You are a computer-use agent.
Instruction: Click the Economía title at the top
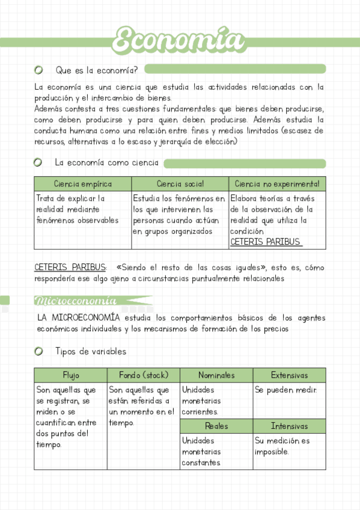click(x=179, y=41)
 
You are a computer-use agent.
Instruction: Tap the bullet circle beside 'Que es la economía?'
click(x=39, y=69)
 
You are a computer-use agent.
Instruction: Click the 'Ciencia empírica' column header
click(x=83, y=184)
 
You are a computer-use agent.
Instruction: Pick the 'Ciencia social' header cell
click(x=180, y=184)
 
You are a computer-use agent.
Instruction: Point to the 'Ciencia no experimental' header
click(x=277, y=184)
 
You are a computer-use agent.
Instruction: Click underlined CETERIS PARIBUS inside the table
click(x=265, y=242)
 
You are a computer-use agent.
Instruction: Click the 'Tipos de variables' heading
click(x=91, y=351)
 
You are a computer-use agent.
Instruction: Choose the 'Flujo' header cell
click(x=71, y=375)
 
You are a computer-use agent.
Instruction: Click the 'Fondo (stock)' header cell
click(x=143, y=375)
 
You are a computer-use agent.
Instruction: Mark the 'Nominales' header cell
click(x=216, y=375)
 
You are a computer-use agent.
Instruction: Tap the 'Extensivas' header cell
click(x=289, y=375)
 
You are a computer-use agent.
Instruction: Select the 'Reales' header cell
click(x=216, y=426)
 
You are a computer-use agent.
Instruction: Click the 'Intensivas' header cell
click(x=289, y=426)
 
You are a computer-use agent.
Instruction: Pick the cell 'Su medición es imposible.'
click(x=282, y=446)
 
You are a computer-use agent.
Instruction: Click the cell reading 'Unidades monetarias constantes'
click(x=201, y=452)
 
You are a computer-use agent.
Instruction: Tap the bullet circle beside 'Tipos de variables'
click(x=39, y=351)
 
